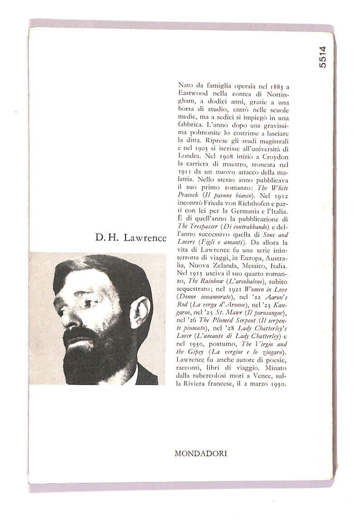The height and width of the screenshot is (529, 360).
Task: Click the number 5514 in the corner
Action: (322, 57)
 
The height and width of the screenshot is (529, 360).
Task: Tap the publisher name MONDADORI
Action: (200, 453)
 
